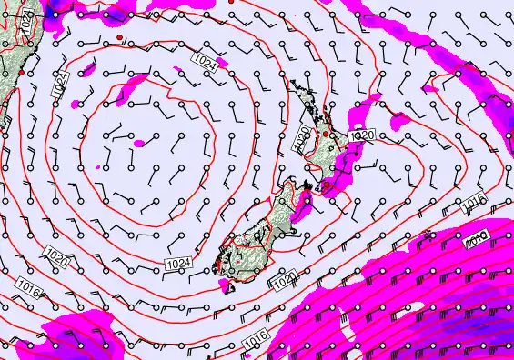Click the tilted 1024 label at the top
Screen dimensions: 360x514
(x=207, y=62)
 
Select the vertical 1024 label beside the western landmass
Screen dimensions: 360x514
(x=59, y=87)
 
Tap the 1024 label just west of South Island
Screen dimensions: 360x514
(x=178, y=264)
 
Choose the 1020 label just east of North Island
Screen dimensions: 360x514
(x=361, y=135)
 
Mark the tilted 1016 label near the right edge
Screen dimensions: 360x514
(x=477, y=202)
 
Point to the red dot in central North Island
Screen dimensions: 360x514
(x=327, y=134)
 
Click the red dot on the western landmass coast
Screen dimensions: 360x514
(x=21, y=72)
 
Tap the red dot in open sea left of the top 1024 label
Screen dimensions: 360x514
(x=119, y=36)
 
